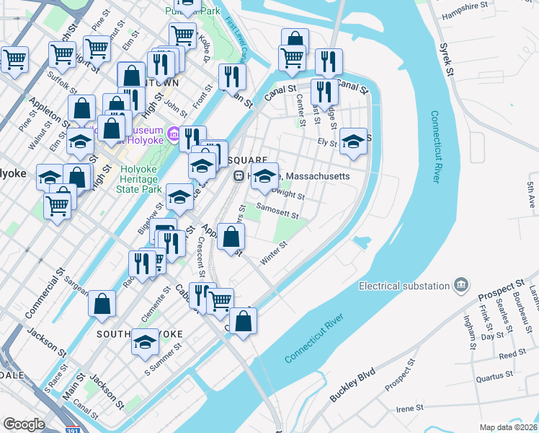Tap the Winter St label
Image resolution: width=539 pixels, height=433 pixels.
click(x=274, y=253)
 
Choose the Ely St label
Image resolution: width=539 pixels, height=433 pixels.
click(x=328, y=143)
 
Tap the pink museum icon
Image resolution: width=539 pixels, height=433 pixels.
click(x=173, y=134)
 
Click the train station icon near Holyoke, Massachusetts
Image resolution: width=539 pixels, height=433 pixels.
click(x=239, y=176)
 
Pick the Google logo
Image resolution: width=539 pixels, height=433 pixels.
click(x=24, y=424)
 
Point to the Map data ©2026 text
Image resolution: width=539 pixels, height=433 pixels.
click(x=508, y=427)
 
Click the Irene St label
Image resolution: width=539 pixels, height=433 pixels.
click(x=409, y=408)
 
